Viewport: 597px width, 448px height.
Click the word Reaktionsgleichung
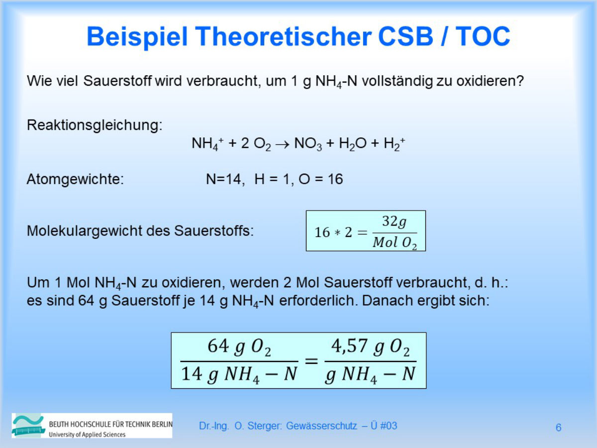click(x=95, y=125)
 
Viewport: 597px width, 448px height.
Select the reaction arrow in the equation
click(x=281, y=144)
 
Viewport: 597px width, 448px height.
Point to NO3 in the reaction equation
click(x=308, y=144)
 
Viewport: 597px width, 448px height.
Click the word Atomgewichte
click(x=75, y=179)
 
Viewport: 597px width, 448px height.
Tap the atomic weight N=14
click(x=225, y=179)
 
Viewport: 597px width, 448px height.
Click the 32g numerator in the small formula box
click(x=394, y=222)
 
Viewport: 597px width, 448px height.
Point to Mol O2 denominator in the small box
click(x=395, y=243)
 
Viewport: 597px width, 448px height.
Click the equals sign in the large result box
click(x=311, y=360)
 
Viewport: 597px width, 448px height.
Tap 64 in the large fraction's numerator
click(x=218, y=346)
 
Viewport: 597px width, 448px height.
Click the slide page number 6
click(x=559, y=428)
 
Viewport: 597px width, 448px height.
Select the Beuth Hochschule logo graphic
click(x=30, y=426)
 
